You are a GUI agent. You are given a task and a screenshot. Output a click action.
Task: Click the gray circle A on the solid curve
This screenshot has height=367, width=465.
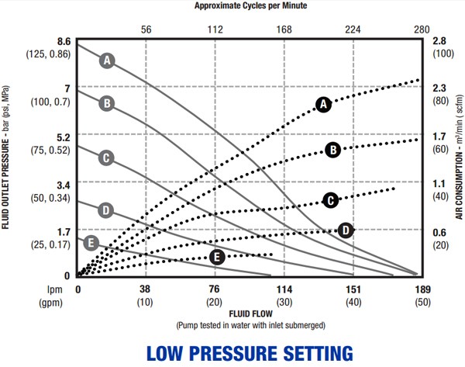click(107, 60)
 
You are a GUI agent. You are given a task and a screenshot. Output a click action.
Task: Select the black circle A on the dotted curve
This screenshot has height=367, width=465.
click(324, 104)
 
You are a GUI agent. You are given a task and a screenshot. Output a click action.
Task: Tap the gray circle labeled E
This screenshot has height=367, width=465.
click(90, 243)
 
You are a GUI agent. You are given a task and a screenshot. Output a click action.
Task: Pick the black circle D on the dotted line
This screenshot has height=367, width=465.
click(346, 230)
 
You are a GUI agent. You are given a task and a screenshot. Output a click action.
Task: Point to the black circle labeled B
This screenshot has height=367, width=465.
click(332, 150)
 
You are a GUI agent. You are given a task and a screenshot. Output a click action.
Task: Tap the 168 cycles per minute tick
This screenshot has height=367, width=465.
click(284, 29)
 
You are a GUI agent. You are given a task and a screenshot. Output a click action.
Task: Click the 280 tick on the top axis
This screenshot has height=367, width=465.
click(421, 29)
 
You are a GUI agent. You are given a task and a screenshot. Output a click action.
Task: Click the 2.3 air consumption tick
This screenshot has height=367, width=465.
click(439, 88)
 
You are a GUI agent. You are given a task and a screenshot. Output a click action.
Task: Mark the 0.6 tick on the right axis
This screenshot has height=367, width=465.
click(439, 232)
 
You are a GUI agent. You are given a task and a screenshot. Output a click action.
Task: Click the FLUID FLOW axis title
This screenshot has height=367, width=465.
click(250, 313)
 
